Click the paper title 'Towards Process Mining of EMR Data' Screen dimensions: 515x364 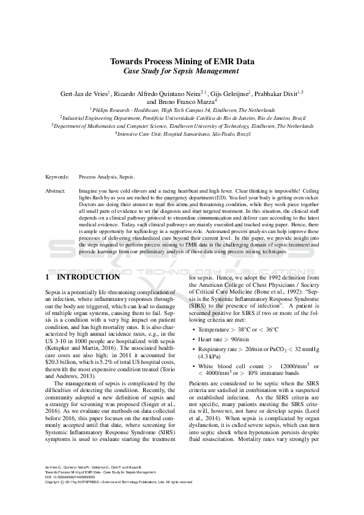point(182,61)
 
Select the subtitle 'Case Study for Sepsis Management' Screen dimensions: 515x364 point(182,71)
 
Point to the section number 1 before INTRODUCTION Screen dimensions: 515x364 point(48,276)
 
